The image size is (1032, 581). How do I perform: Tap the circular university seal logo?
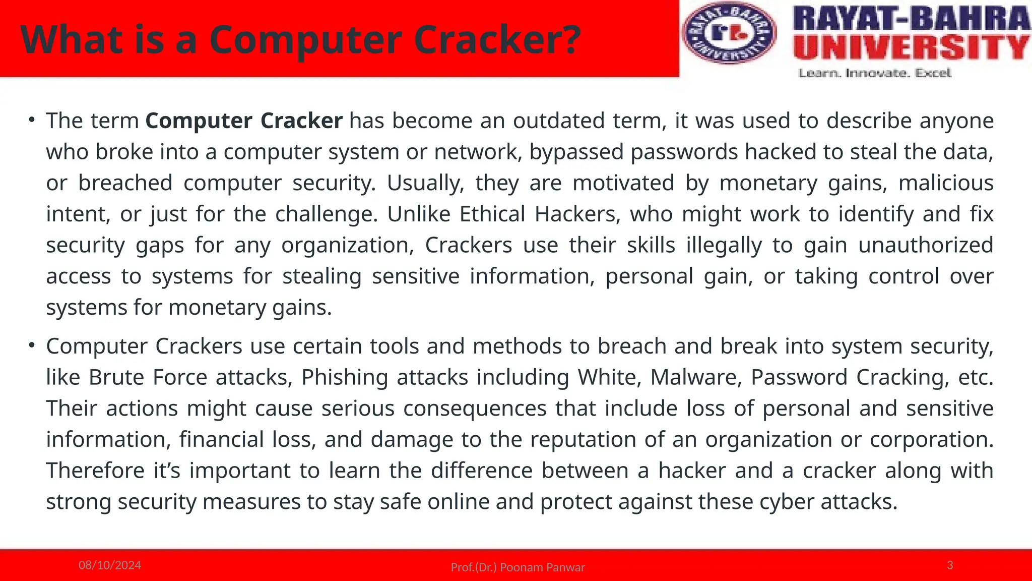[x=729, y=33]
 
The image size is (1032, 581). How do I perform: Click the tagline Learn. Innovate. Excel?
[x=875, y=74]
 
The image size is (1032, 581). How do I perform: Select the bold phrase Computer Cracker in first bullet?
[x=244, y=121]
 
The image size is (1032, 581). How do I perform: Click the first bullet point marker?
[x=31, y=120]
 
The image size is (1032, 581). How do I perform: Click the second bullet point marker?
[x=31, y=345]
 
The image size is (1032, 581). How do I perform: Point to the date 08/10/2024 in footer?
[x=110, y=565]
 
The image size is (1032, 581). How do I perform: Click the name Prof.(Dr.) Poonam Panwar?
[x=518, y=567]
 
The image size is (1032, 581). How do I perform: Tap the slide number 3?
[x=950, y=565]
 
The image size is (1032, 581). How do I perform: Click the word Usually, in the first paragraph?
[x=425, y=183]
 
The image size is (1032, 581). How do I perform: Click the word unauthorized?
[x=926, y=246]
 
